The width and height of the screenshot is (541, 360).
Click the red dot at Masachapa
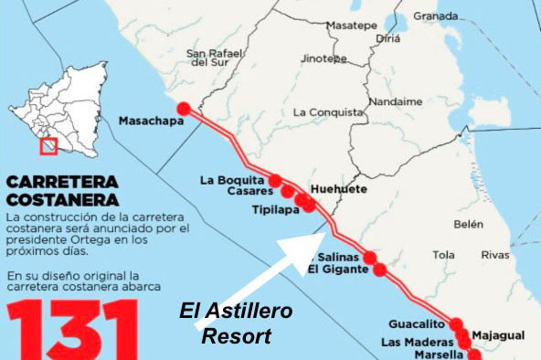click(x=183, y=108)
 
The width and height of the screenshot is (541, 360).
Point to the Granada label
click(x=435, y=16)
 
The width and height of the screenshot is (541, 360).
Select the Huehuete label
click(x=338, y=189)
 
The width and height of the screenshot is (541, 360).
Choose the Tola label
click(x=443, y=255)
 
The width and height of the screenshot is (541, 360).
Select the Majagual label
click(x=501, y=336)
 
